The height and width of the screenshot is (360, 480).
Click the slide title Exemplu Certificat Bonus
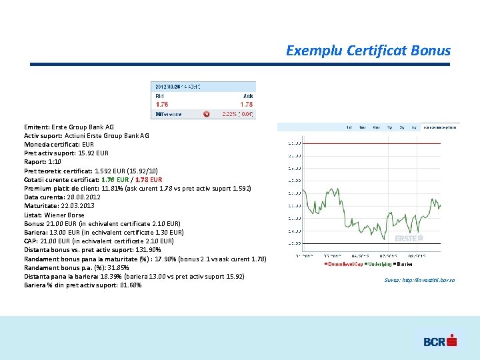pyautogui.click(x=368, y=51)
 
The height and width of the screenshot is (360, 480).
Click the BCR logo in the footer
pyautogui.click(x=439, y=341)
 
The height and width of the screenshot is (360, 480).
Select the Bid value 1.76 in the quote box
pyautogui.click(x=162, y=104)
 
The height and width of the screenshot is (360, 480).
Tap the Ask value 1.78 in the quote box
pyautogui.click(x=247, y=104)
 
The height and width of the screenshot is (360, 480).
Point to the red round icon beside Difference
pyautogui.click(x=206, y=114)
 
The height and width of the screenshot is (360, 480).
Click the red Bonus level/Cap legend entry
pyautogui.click(x=344, y=265)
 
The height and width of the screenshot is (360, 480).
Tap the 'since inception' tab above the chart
pyautogui.click(x=442, y=127)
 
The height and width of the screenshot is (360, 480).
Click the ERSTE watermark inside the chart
pyautogui.click(x=408, y=238)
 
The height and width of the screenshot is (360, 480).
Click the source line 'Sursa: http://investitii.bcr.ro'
pyautogui.click(x=419, y=280)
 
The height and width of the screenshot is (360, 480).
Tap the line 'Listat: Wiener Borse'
pyautogui.click(x=54, y=215)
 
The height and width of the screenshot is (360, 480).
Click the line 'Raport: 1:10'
pyautogui.click(x=43, y=162)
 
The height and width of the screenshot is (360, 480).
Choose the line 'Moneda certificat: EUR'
pyautogui.click(x=59, y=144)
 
